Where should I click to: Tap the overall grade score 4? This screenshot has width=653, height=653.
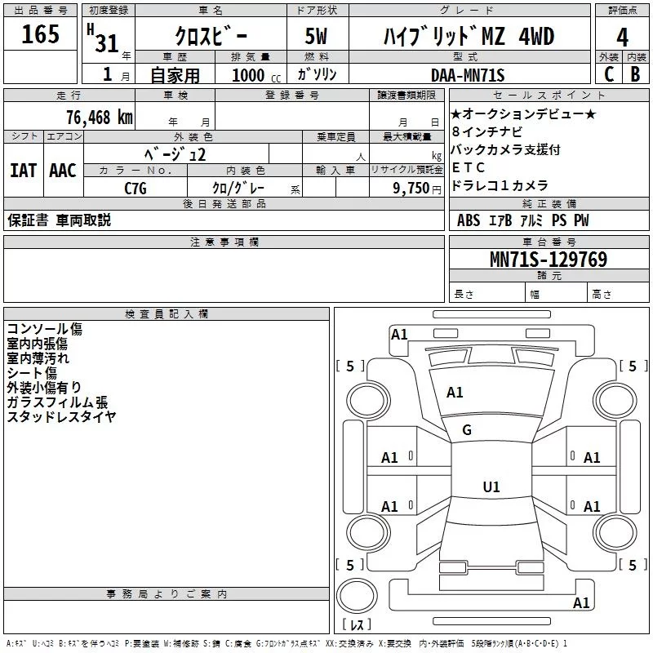point(623,38)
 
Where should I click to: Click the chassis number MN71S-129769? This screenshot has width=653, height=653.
point(548,260)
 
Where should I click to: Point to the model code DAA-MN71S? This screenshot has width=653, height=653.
point(468,76)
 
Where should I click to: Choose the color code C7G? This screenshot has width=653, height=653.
point(135,188)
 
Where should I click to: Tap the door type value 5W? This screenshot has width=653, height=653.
point(318,38)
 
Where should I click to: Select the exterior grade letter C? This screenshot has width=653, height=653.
point(608,74)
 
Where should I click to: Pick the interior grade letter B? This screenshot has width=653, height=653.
point(635,74)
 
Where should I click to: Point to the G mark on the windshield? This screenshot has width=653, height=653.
point(467,430)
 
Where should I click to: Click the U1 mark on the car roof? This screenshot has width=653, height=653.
point(491,487)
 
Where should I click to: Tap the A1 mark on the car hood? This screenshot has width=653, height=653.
point(455,393)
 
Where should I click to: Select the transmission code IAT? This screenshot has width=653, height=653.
point(23,171)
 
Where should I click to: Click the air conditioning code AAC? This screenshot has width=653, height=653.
point(62,171)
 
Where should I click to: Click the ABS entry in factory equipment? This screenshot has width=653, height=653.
point(469,220)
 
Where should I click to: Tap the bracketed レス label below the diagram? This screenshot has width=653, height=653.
point(357,625)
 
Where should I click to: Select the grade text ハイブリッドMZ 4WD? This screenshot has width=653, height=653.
point(469,38)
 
